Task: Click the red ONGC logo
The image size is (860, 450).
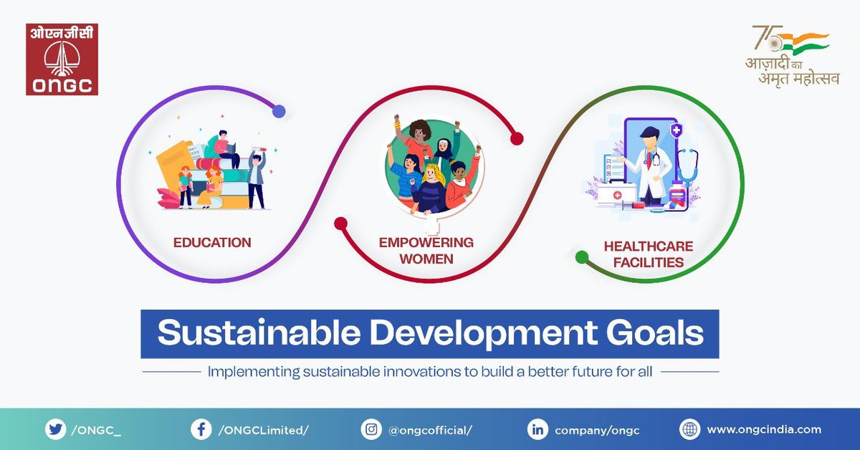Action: (x=62, y=59)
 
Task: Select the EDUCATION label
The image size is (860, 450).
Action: (x=212, y=243)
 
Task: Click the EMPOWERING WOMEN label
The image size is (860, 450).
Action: (x=426, y=250)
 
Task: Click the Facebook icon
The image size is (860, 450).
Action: (x=200, y=430)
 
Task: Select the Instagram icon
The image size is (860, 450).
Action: (x=371, y=430)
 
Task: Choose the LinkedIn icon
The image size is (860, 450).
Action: (x=537, y=430)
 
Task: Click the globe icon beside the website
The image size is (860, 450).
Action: (x=689, y=430)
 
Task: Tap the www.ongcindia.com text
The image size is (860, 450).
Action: (x=764, y=430)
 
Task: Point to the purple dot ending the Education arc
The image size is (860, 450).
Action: (x=279, y=112)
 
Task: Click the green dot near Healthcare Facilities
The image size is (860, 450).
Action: (x=583, y=256)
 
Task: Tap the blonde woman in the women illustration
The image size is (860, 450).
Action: (x=433, y=188)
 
